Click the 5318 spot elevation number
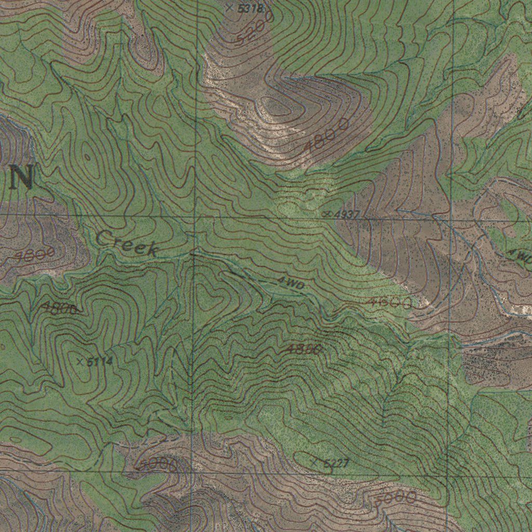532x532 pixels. coord(251,8)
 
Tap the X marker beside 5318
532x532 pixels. coord(230,8)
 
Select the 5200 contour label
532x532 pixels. coord(254,29)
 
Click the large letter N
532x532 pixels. coord(22,177)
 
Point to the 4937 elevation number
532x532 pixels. coord(348,214)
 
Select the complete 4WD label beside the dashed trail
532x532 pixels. coord(290,283)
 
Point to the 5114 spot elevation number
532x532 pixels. coord(99,362)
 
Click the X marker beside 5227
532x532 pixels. coord(314,461)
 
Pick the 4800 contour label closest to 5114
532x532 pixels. coord(60,309)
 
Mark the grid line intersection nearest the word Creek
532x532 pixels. coord(194,216)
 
